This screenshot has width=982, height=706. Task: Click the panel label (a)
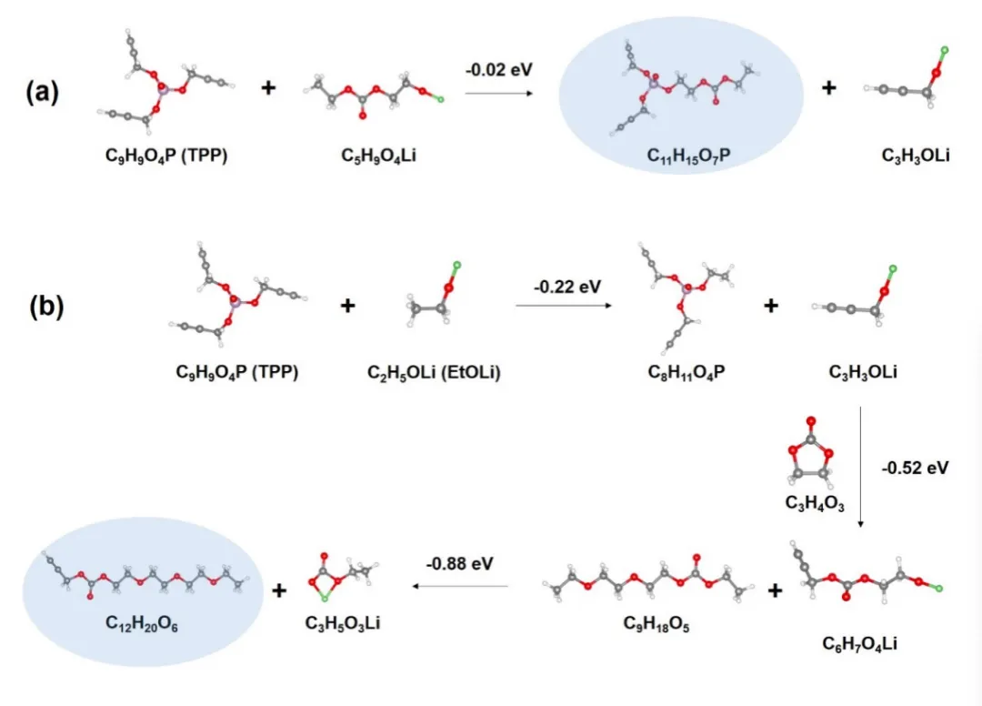(x=43, y=92)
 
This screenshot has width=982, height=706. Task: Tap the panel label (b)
(x=45, y=307)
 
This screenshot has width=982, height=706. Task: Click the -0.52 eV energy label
(x=915, y=469)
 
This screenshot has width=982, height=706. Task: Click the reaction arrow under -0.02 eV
(x=501, y=91)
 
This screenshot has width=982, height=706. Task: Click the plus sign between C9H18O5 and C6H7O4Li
(x=775, y=590)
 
